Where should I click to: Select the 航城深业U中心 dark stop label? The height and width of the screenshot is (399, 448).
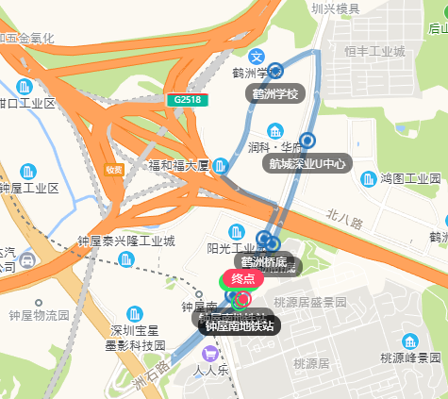[307, 163]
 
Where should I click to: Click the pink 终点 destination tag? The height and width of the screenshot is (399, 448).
[243, 278]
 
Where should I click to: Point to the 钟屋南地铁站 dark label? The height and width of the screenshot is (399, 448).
[241, 325]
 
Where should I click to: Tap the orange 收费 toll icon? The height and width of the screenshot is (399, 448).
[114, 170]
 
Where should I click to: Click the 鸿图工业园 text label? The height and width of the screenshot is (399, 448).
[410, 177]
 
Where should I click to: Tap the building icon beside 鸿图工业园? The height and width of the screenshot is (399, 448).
[363, 177]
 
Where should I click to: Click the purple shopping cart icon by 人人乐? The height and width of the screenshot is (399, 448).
[209, 354]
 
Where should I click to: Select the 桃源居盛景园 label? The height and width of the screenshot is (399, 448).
[310, 302]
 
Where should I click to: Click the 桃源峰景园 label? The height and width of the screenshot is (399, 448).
[410, 357]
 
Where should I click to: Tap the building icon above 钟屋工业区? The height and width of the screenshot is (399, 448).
[27, 172]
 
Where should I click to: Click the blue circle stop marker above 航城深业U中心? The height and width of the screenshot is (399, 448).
[307, 140]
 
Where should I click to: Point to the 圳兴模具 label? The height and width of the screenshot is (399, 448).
[336, 8]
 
